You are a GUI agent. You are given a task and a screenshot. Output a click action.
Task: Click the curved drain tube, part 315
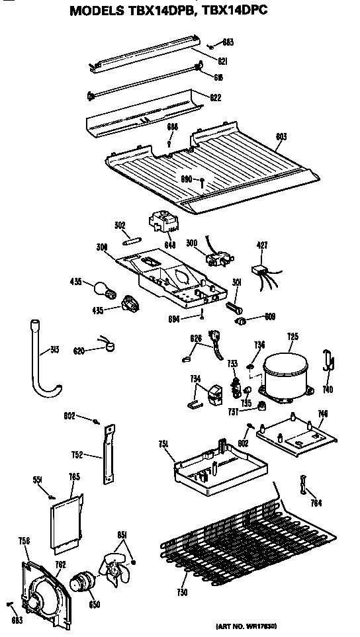point(41,361)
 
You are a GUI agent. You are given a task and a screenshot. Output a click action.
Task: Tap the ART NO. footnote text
point(249,624)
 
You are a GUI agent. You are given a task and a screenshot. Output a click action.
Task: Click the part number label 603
point(281,137)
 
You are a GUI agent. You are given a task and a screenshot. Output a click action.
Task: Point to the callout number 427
point(262,245)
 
